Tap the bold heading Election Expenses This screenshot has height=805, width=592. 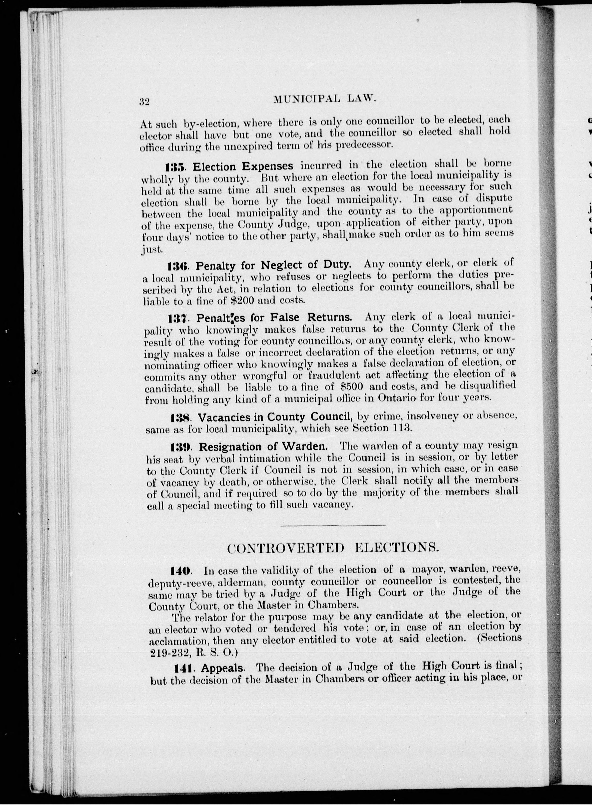243,166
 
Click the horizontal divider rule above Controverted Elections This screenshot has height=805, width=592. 333,525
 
